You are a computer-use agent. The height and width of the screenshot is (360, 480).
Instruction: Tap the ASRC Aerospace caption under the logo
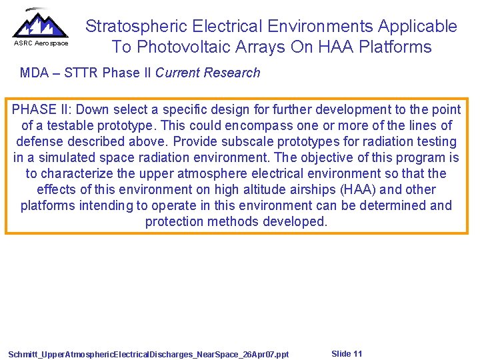coord(41,43)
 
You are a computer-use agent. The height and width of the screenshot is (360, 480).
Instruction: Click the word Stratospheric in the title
coord(137,26)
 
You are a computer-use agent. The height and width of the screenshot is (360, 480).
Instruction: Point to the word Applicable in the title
coord(417,26)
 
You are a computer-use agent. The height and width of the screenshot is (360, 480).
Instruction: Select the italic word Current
coord(175,73)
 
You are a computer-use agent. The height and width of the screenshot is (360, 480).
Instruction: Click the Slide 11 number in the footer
coord(347,353)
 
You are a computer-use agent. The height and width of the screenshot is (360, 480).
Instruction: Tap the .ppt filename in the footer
coord(149,354)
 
